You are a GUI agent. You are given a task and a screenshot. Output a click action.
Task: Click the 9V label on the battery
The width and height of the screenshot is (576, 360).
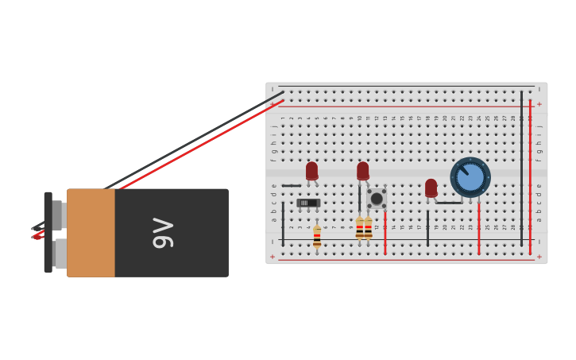click(x=163, y=232)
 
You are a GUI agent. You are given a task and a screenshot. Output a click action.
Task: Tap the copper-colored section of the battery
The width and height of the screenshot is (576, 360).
click(x=91, y=232)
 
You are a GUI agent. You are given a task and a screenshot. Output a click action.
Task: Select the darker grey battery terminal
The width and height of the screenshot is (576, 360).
click(x=57, y=215)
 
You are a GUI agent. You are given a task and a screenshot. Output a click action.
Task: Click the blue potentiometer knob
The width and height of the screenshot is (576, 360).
click(x=470, y=177)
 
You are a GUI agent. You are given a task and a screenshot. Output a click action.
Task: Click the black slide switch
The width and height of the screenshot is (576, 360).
click(x=308, y=203)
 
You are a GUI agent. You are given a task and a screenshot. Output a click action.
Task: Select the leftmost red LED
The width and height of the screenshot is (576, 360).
click(x=311, y=171)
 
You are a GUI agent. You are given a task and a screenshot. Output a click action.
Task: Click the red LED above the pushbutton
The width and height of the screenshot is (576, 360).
click(x=363, y=171)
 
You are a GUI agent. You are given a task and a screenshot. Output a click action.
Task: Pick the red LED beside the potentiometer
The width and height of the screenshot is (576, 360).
click(x=431, y=188)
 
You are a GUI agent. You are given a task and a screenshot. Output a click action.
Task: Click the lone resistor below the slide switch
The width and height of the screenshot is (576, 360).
click(x=317, y=236)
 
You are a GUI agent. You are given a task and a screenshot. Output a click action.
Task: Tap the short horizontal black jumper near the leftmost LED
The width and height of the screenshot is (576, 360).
click(x=292, y=186)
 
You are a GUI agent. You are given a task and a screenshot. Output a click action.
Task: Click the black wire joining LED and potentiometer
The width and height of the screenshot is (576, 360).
click(x=449, y=203)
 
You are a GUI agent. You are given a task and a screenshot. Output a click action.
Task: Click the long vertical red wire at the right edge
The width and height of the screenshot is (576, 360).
click(x=530, y=179)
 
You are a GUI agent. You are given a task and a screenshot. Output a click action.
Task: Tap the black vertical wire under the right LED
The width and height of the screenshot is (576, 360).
click(x=427, y=226)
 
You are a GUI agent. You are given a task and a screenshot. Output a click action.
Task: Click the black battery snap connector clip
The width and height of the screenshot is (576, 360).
click(x=48, y=232)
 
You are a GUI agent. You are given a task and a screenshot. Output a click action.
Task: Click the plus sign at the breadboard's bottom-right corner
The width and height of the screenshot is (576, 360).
click(x=539, y=257)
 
